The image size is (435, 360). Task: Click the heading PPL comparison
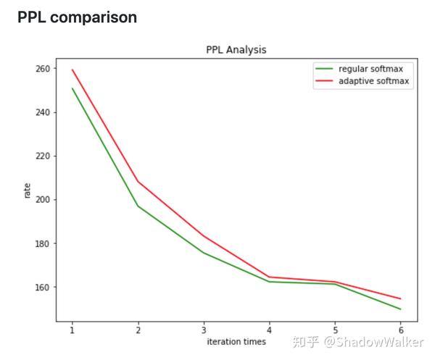tap(77, 17)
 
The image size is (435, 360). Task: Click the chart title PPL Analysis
tap(236, 50)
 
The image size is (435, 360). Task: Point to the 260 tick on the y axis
tap(43, 69)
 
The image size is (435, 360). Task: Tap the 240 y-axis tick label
tap(43, 112)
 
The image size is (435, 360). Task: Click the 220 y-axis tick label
tap(43, 156)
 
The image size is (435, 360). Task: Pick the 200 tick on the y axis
tap(43, 200)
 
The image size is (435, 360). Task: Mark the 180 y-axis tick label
tap(43, 243)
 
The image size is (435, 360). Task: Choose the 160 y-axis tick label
tap(43, 287)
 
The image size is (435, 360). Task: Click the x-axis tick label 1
tap(72, 330)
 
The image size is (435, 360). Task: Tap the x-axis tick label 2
tap(138, 330)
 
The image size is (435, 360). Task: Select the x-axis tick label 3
tap(203, 330)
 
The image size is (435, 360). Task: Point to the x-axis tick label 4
tap(269, 330)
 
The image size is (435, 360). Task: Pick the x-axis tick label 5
tap(335, 330)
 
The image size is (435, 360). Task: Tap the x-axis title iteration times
tap(236, 341)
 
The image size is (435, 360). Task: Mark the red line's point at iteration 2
tap(138, 181)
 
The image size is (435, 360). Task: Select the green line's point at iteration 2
tap(138, 206)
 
